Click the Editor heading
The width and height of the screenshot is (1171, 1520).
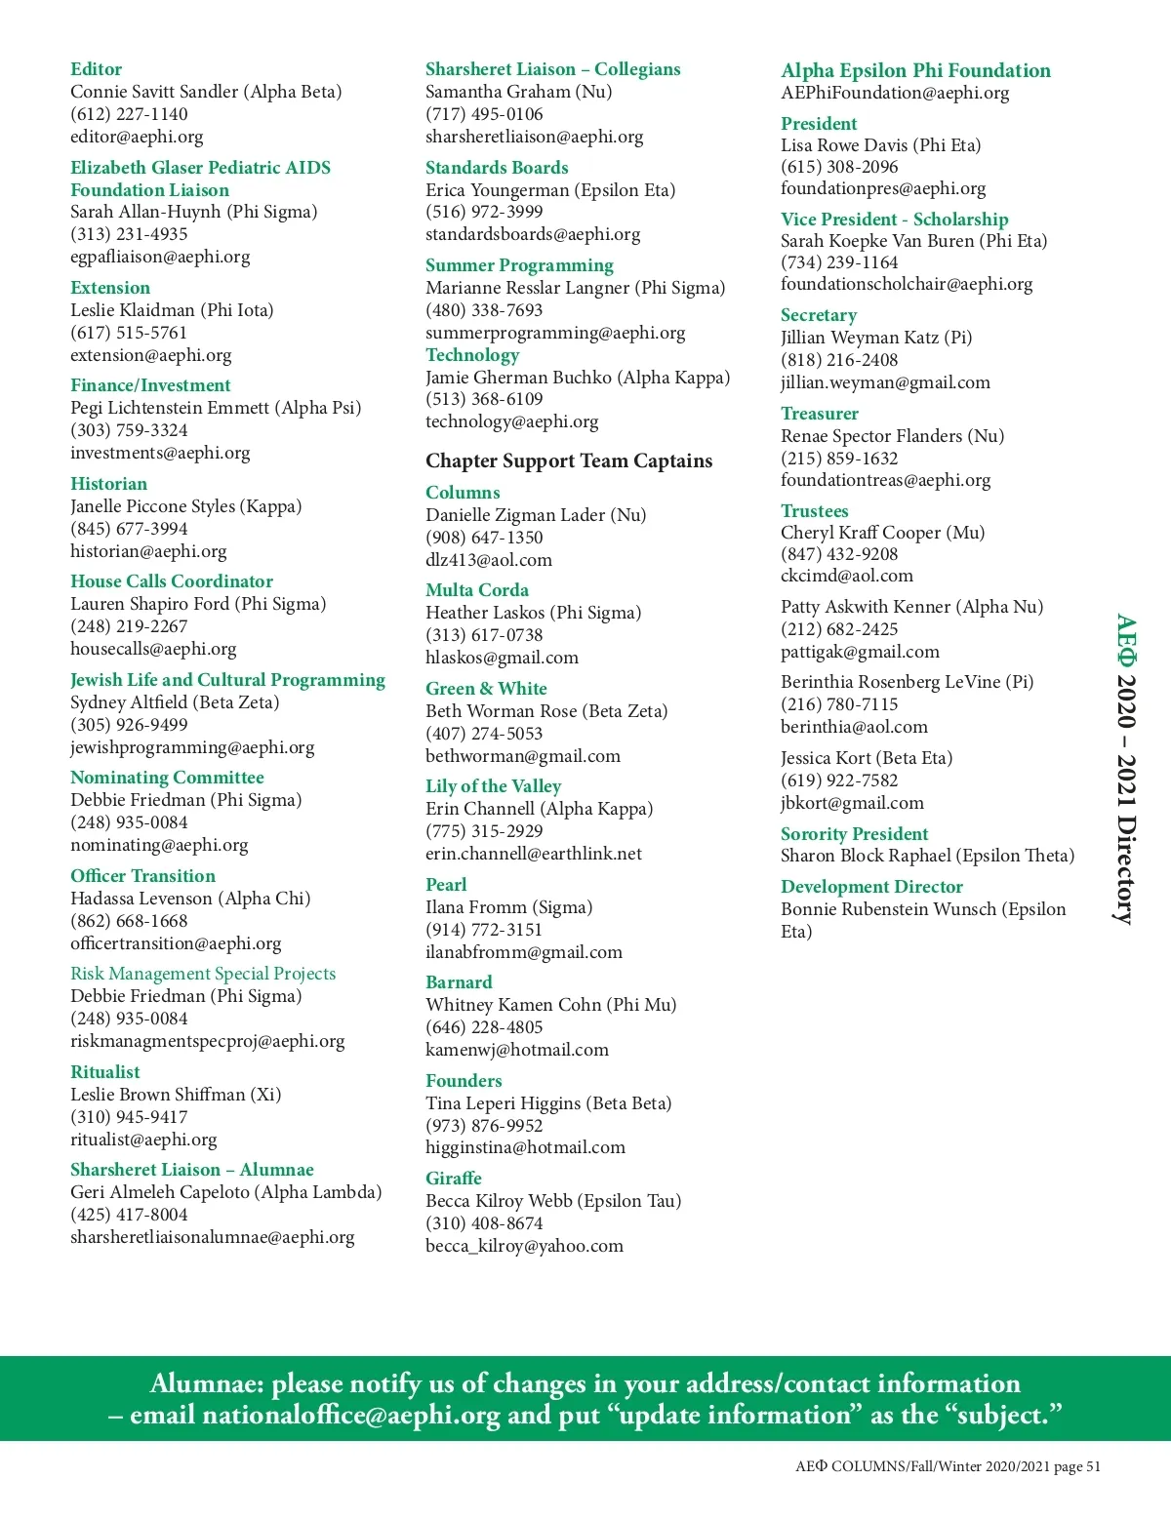coord(96,69)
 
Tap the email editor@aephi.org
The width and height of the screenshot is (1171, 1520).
coord(137,137)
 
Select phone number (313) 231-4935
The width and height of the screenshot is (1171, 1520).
coord(129,234)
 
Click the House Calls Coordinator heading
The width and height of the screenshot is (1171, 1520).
coord(172,581)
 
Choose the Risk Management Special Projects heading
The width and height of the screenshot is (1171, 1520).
coord(203,974)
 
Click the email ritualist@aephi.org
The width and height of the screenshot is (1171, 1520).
coord(143,1140)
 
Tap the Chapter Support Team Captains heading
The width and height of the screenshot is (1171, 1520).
coord(569,460)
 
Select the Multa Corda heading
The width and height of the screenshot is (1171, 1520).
coord(477,590)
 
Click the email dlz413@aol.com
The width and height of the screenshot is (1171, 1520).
coord(489,560)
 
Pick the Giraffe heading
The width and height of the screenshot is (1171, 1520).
coord(454,1179)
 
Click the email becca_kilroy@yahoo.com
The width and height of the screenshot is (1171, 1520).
coord(524,1246)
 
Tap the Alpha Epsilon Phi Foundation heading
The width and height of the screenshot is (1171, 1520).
coord(915,70)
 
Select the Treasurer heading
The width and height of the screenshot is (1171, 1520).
coord(820,414)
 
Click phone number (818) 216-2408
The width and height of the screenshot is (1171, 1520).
coord(839,360)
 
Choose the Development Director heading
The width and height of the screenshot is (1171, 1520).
coord(871,887)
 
